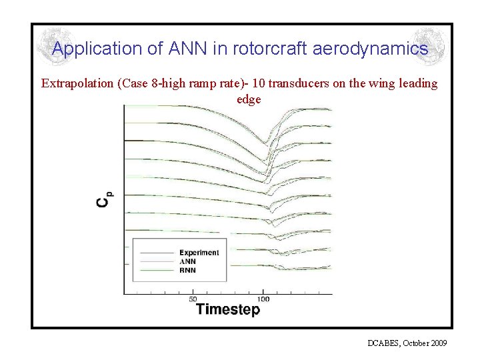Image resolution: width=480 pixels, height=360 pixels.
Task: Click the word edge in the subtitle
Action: click(249, 99)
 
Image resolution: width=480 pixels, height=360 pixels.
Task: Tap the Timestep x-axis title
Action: click(228, 309)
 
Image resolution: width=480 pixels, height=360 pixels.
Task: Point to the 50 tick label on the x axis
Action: click(193, 299)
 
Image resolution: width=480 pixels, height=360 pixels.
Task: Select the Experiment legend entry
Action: click(199, 253)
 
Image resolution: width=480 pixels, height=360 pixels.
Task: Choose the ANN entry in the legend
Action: click(187, 261)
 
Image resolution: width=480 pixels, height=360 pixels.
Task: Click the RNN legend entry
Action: click(187, 270)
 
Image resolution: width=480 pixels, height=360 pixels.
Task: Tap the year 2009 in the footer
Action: click(438, 343)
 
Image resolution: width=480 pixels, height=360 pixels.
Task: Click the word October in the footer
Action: click(415, 343)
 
